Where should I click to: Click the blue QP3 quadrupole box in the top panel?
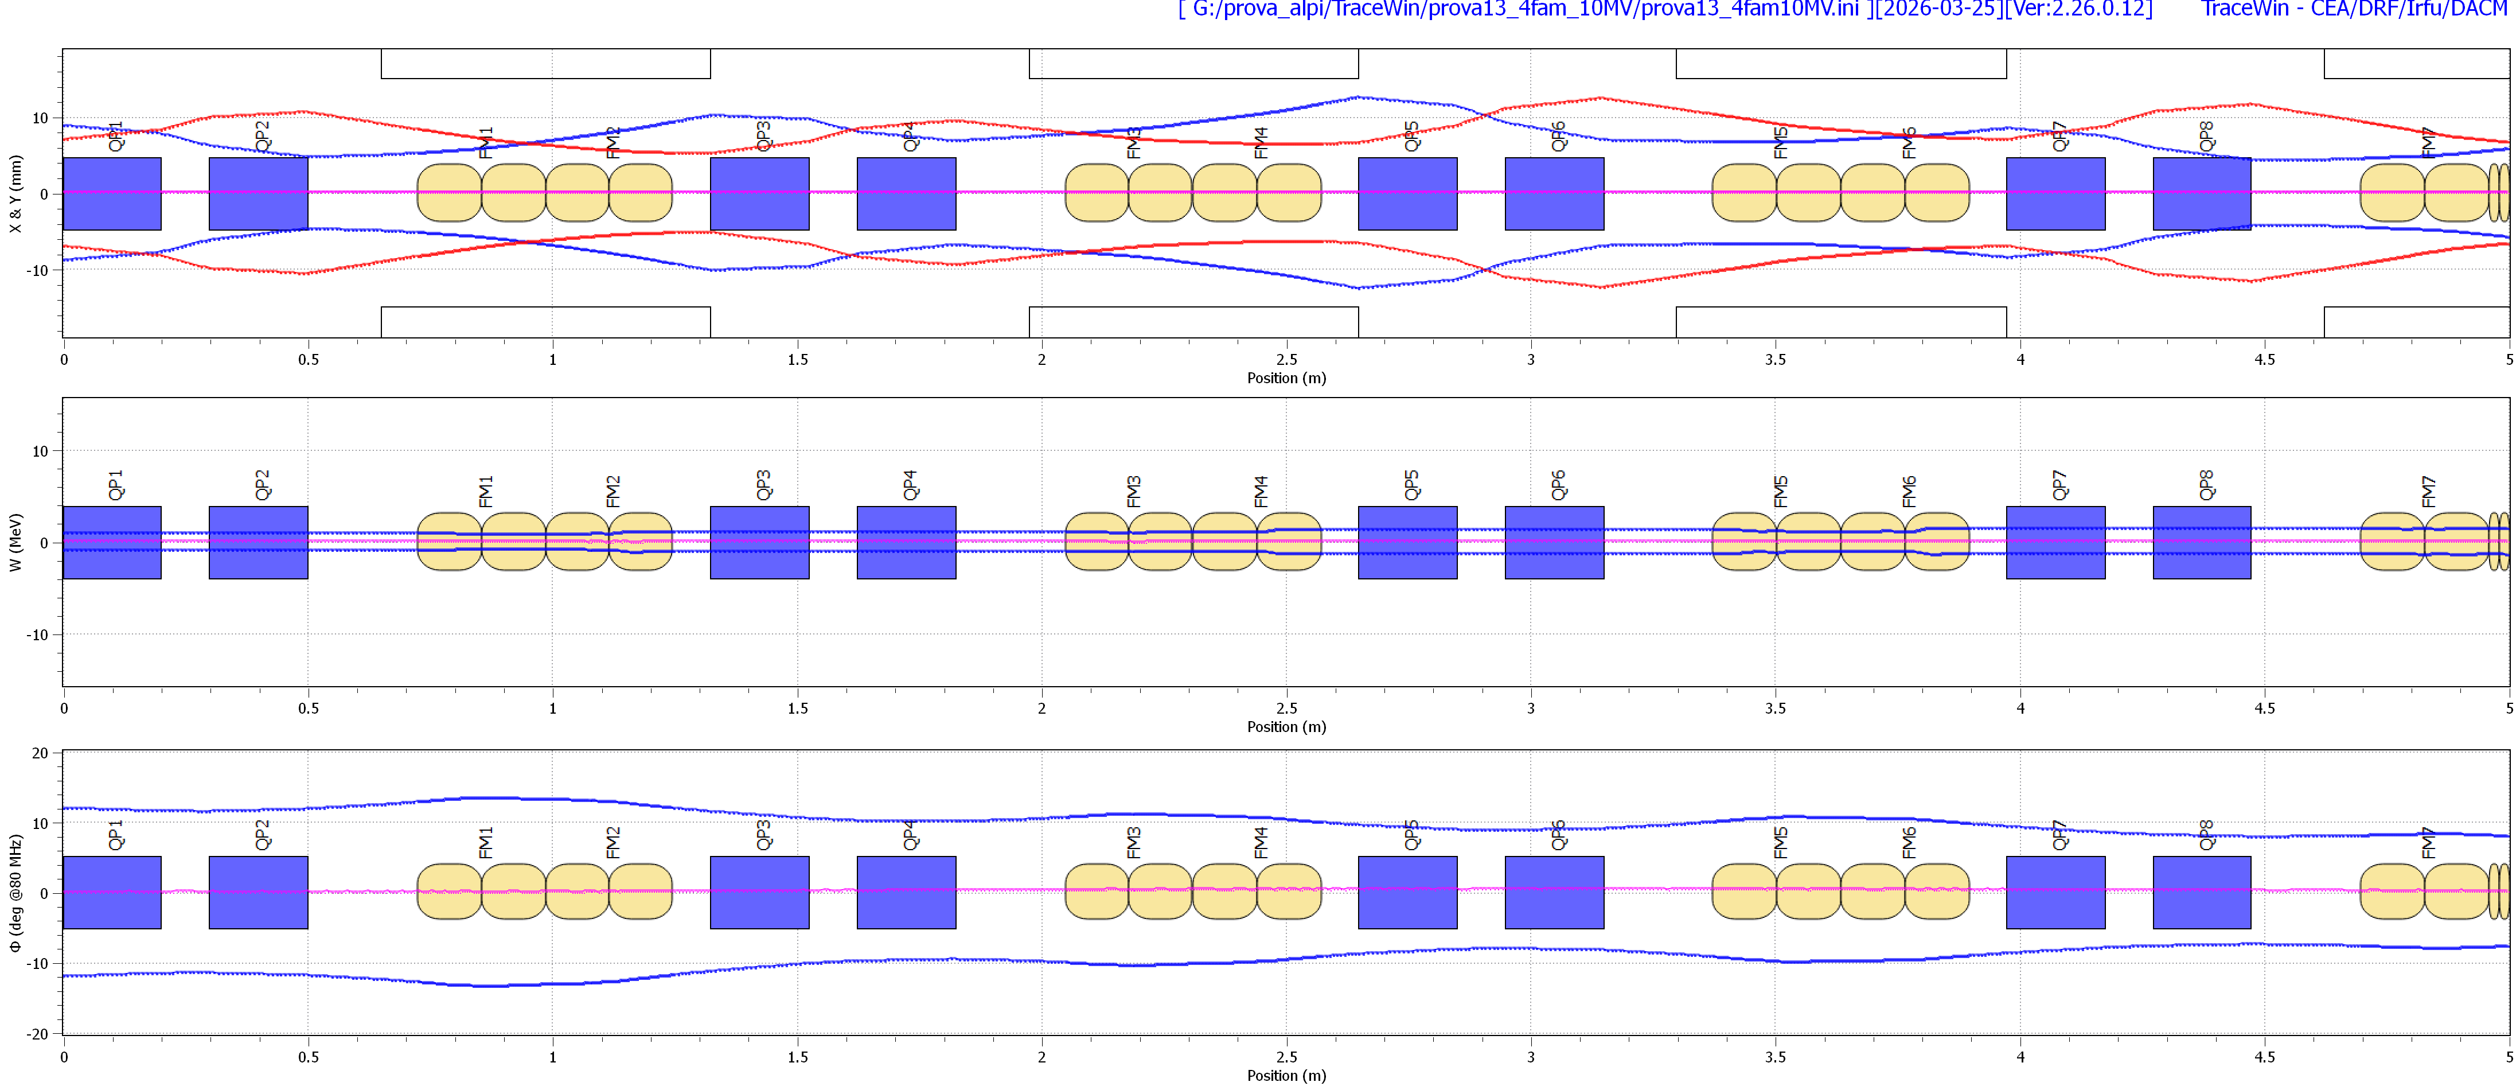759,194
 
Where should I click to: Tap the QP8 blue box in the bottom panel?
2201,892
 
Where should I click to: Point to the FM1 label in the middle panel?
486,491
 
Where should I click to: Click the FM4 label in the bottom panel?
1261,842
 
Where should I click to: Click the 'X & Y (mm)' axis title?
15,194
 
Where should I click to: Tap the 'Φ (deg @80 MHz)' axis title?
15,892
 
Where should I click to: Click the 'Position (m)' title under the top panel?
1285,377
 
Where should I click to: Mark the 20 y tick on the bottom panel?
39,753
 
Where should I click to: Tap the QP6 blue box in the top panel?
1554,194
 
